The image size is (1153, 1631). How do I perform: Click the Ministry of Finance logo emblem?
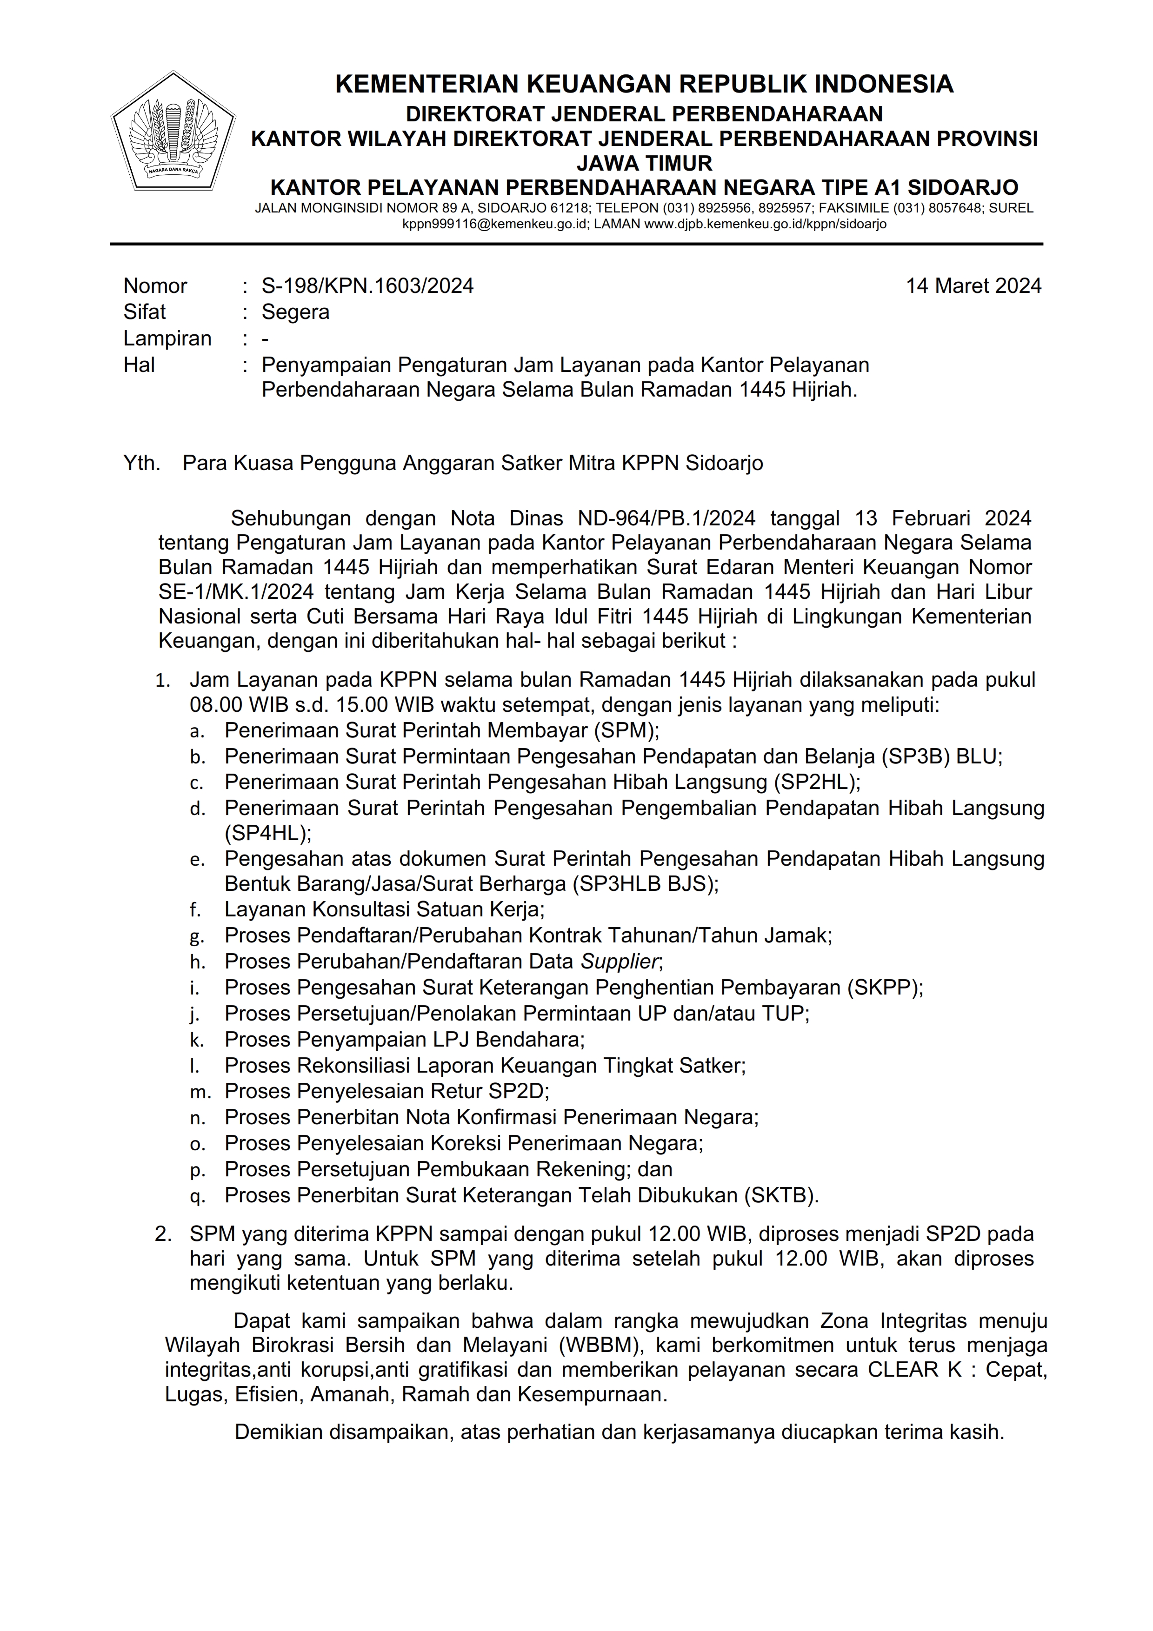[173, 132]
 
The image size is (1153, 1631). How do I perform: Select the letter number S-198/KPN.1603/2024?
[367, 285]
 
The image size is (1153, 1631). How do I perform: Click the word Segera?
[295, 312]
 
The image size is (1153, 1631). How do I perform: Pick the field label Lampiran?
[167, 338]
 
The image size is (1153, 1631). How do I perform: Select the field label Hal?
[139, 365]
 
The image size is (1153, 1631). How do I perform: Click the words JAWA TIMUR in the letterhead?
[644, 163]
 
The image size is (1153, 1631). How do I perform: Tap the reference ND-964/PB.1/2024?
[666, 518]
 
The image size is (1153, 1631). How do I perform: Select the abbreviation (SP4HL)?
[268, 833]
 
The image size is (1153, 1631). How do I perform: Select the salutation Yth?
[141, 463]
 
